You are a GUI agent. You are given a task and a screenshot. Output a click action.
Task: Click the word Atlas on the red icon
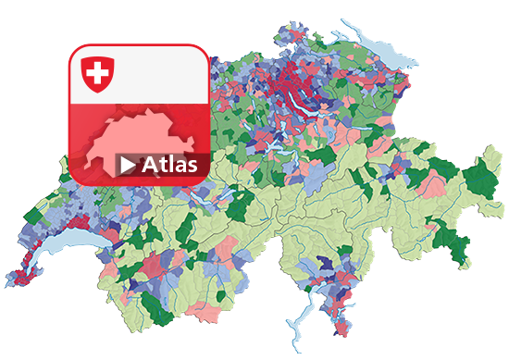[x=170, y=166]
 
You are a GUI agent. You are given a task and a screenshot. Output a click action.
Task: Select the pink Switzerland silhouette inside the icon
[x=139, y=139]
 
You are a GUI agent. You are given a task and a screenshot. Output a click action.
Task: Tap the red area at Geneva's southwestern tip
[x=16, y=276]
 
